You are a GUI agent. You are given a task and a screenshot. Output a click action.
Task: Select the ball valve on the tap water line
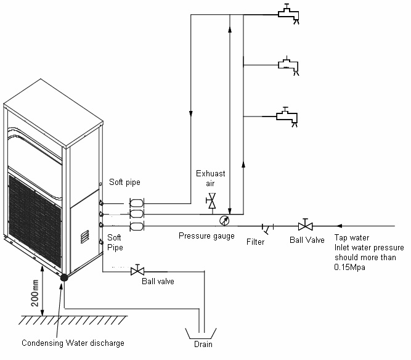[304, 225]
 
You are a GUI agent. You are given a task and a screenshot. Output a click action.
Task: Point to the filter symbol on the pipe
[264, 227]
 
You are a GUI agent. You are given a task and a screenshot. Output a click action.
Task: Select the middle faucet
[287, 65]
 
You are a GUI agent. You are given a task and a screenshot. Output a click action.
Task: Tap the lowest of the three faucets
[287, 116]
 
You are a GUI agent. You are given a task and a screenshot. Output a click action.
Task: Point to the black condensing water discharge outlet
[63, 278]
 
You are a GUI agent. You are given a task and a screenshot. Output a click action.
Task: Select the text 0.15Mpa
[350, 268]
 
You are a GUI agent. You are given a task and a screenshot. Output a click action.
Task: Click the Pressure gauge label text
[206, 236]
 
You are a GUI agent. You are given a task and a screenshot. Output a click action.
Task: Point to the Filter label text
[255, 242]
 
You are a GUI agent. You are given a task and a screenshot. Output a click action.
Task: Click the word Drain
[203, 344]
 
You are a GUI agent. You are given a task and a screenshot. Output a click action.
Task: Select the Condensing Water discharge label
[73, 343]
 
